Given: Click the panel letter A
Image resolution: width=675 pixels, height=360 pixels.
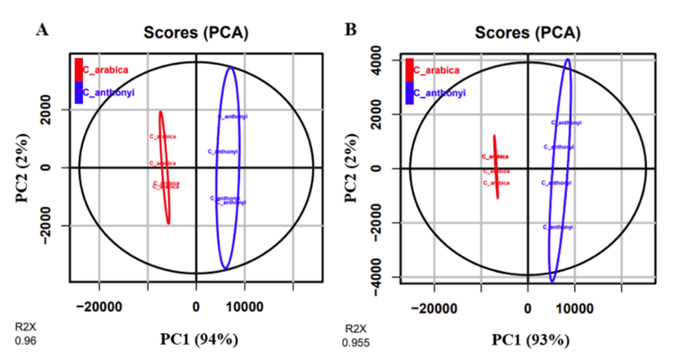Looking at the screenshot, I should click(x=41, y=29).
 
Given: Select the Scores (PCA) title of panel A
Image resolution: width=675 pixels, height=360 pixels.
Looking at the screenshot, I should click(x=195, y=33).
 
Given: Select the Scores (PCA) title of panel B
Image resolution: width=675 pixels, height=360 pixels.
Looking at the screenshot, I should click(x=527, y=33).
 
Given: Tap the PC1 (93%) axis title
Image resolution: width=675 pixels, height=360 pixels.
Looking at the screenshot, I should click(x=528, y=340).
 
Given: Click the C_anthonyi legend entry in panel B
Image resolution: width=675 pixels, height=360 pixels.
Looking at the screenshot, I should click(x=442, y=92).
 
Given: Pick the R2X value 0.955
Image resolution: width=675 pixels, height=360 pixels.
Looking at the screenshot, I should click(x=354, y=343).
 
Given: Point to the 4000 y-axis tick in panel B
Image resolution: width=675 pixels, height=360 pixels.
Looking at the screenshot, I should click(x=385, y=60).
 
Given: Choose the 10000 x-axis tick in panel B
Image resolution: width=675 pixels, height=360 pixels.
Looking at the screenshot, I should click(x=573, y=306).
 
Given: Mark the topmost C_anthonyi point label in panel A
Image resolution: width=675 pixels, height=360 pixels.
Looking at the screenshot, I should click(x=232, y=117).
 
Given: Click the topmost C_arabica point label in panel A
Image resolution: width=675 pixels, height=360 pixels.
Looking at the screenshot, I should click(x=162, y=137).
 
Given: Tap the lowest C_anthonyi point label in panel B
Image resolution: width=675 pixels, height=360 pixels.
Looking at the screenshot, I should click(x=559, y=228).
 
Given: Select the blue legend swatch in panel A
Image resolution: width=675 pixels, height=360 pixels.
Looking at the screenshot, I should click(x=78, y=92).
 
